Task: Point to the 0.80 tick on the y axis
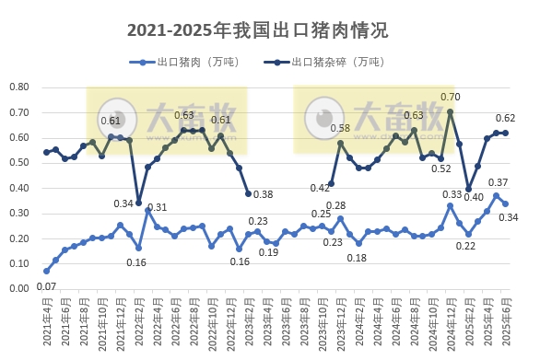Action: pos(19,87)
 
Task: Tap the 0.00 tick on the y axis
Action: pos(19,288)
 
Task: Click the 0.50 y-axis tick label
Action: pos(19,163)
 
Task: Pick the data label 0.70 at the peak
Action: pos(451,98)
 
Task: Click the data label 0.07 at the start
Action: pos(46,287)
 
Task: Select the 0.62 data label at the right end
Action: pos(506,119)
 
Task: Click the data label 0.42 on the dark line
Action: pos(320,188)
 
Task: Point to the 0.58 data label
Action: pos(340,129)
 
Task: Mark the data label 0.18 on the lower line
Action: pos(358,258)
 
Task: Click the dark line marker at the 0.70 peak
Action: pos(450,112)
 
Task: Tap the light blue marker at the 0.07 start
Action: pos(46,271)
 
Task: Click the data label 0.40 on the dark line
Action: pos(474,197)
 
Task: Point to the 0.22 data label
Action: pos(465,247)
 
